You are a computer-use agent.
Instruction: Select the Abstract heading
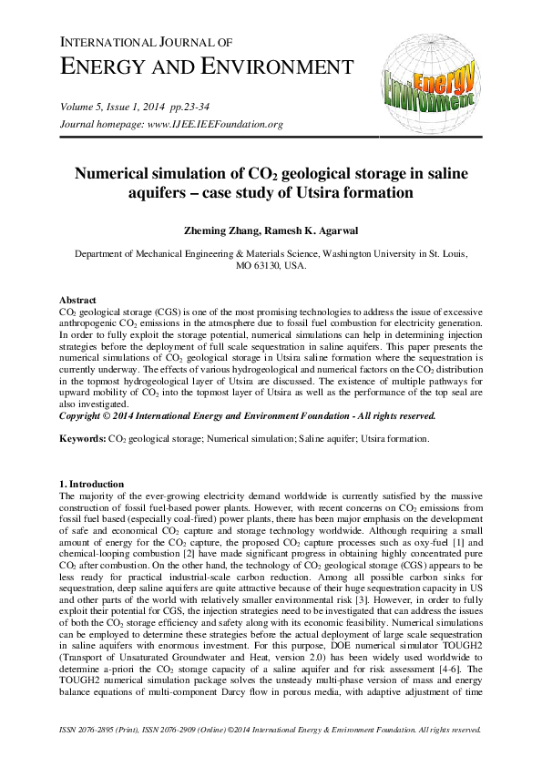pyautogui.click(x=77, y=300)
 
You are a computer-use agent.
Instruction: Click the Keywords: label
pyautogui.click(x=82, y=438)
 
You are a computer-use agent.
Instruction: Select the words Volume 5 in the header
pyautogui.click(x=81, y=107)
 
